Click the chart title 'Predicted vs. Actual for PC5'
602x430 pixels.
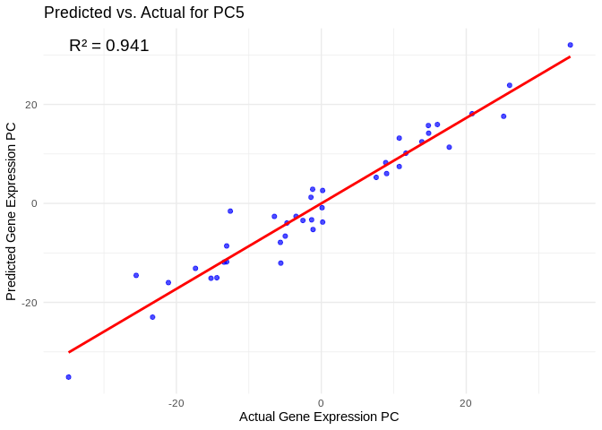point(143,13)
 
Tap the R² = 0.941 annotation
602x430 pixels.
point(108,46)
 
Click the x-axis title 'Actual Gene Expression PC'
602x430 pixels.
point(319,417)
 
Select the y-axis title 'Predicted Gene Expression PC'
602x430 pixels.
point(12,211)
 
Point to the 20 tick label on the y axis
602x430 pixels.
point(31,105)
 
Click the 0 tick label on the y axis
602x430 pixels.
point(34,203)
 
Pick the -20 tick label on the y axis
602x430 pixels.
point(30,303)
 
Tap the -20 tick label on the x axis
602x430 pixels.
point(176,404)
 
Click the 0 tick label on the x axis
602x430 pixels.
point(322,404)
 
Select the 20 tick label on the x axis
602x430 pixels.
point(466,404)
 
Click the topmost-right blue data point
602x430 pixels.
point(570,45)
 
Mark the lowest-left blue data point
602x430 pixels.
point(68,377)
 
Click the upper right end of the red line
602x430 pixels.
point(570,56)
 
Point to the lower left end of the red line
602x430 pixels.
point(69,352)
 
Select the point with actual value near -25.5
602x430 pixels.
point(136,275)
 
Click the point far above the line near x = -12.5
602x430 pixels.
point(230,211)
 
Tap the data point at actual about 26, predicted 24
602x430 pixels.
point(510,85)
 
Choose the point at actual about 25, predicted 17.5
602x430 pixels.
point(503,116)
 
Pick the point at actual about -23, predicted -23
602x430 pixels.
point(152,317)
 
